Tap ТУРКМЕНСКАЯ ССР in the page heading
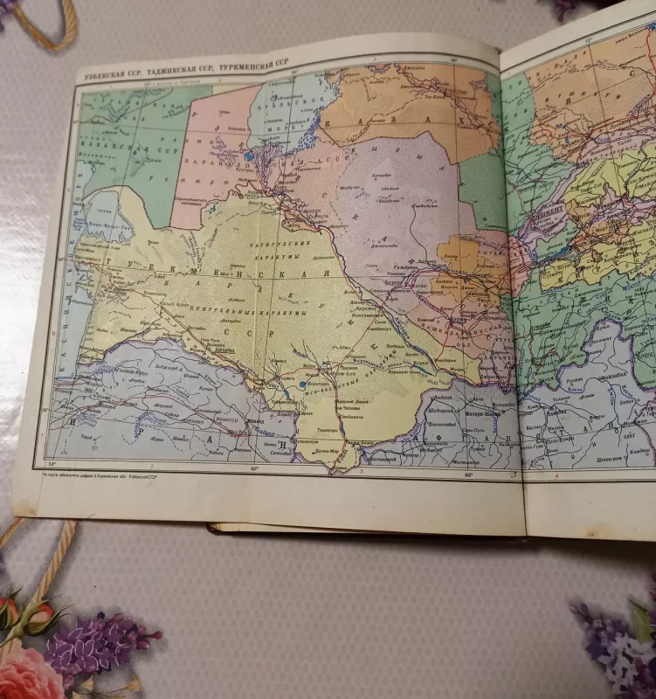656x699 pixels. [x=259, y=65]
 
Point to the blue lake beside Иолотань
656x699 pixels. [x=302, y=384]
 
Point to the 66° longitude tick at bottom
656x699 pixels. [x=467, y=476]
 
